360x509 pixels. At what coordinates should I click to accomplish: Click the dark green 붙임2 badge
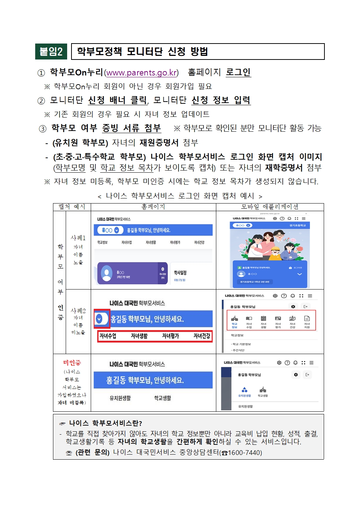click(x=51, y=52)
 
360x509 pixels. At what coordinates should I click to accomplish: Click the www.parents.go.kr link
click(x=141, y=73)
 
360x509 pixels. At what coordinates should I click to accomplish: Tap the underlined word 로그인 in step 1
click(x=238, y=72)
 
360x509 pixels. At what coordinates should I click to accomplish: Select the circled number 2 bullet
click(x=41, y=101)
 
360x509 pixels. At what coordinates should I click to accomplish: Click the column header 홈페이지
click(x=153, y=207)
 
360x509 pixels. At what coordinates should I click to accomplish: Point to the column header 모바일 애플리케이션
click(x=270, y=207)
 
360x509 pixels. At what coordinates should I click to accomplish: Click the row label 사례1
click(x=78, y=238)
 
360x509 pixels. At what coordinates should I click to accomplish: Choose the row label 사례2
click(x=78, y=311)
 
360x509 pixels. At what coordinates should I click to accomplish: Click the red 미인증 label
click(x=72, y=363)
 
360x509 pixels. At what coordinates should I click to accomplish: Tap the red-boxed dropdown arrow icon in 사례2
click(x=99, y=319)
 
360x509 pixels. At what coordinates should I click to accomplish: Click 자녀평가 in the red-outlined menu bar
click(x=171, y=336)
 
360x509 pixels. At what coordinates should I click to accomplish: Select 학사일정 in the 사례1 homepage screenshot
click(x=180, y=272)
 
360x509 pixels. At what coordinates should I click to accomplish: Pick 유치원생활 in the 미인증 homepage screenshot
click(x=120, y=398)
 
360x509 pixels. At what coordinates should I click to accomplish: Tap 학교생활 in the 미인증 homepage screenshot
click(x=163, y=398)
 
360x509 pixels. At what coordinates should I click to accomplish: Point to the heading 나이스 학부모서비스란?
click(x=106, y=423)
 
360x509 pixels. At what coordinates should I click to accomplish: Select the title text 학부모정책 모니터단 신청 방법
click(x=142, y=52)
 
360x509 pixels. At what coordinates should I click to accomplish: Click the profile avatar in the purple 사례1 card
click(x=107, y=273)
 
